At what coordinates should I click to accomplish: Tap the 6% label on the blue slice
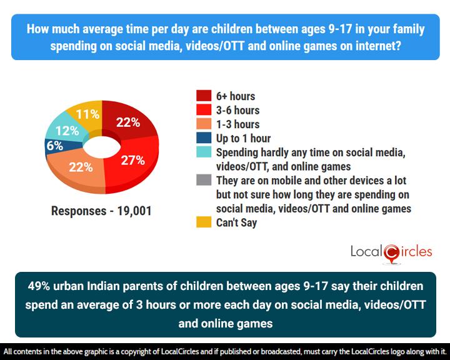(x=54, y=146)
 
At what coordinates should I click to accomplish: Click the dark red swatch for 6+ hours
(x=204, y=96)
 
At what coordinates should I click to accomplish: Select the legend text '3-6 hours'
(x=237, y=110)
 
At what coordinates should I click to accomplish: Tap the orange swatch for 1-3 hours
(x=204, y=124)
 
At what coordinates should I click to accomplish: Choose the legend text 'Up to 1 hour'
(x=243, y=137)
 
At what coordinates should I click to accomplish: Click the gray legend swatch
(x=204, y=180)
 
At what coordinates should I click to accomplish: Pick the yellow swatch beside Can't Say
(x=204, y=222)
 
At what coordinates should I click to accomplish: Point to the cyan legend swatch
(x=204, y=152)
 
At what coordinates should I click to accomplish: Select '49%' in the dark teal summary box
(x=42, y=286)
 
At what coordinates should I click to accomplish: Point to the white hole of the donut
(x=101, y=146)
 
